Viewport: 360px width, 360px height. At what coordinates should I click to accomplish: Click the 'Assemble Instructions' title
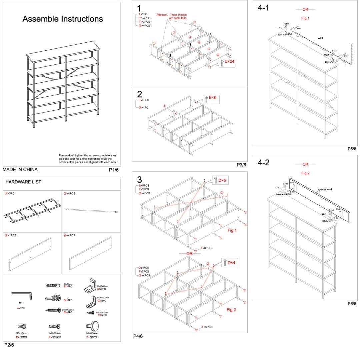pyautogui.click(x=63, y=19)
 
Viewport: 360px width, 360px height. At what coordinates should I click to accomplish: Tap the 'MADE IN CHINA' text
pyautogui.click(x=20, y=169)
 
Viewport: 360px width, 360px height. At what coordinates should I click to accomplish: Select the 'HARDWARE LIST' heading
pyautogui.click(x=23, y=182)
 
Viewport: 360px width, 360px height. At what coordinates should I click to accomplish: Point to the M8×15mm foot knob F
pyautogui.click(x=92, y=325)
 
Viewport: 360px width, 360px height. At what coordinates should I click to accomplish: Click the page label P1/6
pyautogui.click(x=114, y=170)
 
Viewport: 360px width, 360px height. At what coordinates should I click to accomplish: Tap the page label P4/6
pyautogui.click(x=138, y=336)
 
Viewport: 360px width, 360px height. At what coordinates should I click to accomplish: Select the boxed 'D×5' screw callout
pyautogui.click(x=221, y=180)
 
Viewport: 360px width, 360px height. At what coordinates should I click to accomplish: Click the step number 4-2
pyautogui.click(x=264, y=163)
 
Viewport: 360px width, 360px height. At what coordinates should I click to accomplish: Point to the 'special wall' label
pyautogui.click(x=324, y=189)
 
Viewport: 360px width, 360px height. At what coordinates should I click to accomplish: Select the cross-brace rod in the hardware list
pyautogui.click(x=92, y=210)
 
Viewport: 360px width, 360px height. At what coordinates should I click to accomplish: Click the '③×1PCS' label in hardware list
pyautogui.click(x=11, y=235)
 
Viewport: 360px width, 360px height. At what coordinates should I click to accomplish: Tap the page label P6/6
pyautogui.click(x=352, y=304)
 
